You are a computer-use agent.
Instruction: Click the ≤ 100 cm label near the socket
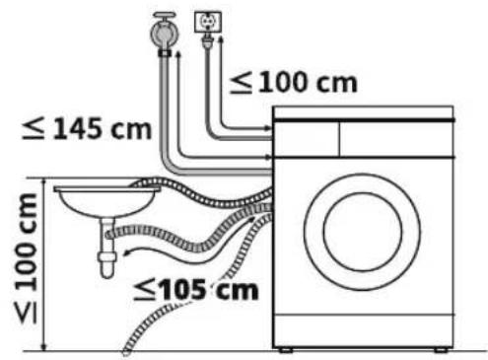tap(293, 83)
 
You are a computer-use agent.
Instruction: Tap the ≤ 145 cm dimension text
tap(87, 129)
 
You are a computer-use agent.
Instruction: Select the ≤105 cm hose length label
tap(196, 290)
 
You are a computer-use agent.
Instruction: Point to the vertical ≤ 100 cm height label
tap(27, 258)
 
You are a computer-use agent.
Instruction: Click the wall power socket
tap(208, 22)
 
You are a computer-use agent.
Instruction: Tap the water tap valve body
tap(164, 33)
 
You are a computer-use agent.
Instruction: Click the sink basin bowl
tap(106, 200)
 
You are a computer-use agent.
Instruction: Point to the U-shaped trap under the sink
tap(107, 250)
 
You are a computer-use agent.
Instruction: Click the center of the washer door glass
tap(363, 232)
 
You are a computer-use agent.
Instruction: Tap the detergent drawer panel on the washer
tap(307, 139)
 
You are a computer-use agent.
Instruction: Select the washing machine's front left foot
tap(285, 350)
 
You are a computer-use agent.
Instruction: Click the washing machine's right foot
tap(441, 350)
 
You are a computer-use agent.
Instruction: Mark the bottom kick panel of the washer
tap(364, 330)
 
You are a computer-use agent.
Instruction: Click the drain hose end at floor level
tap(126, 352)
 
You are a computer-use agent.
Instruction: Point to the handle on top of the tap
tap(165, 16)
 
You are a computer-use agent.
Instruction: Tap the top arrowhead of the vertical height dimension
tap(44, 181)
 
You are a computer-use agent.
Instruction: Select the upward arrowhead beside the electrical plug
tap(221, 38)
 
